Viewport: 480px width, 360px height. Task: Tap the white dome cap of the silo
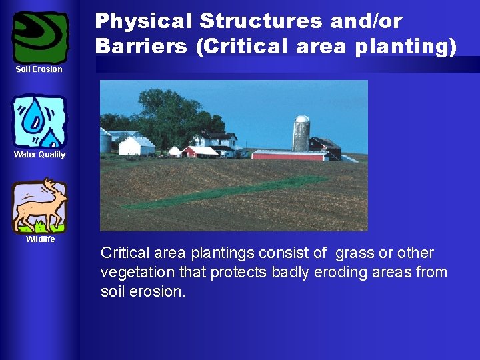point(302,119)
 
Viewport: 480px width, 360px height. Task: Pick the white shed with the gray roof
point(136,145)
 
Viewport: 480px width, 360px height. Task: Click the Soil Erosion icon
point(41,37)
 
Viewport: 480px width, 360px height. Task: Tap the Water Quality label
point(40,155)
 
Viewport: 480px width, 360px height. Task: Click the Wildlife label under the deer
point(40,239)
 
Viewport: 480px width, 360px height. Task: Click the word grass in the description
point(355,253)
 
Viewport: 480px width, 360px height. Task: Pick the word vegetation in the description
point(133,273)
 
